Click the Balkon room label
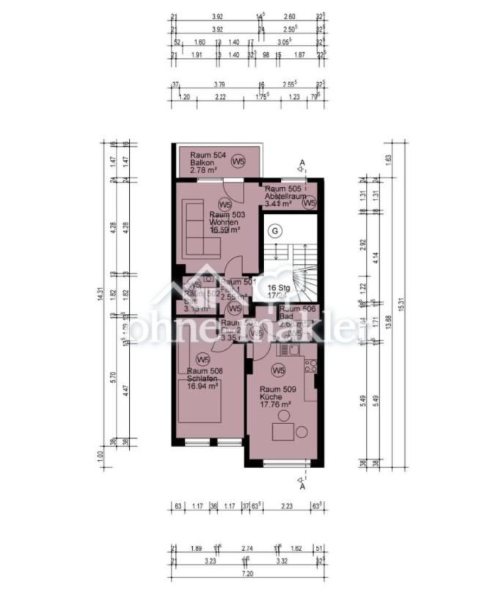pyautogui.click(x=202, y=163)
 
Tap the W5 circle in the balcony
pyautogui.click(x=238, y=161)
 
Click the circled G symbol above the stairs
pyautogui.click(x=275, y=230)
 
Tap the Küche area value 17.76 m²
pyautogui.click(x=276, y=404)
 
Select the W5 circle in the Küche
pyautogui.click(x=279, y=369)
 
